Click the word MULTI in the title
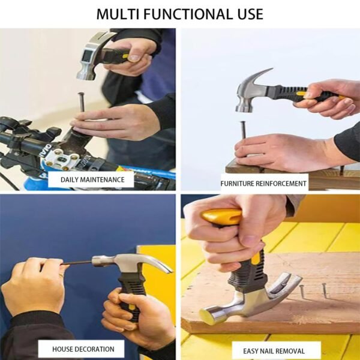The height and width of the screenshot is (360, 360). tap(120, 13)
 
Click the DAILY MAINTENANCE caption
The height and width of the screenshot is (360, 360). tap(92, 179)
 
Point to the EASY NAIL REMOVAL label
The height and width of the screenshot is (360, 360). tap(274, 350)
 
